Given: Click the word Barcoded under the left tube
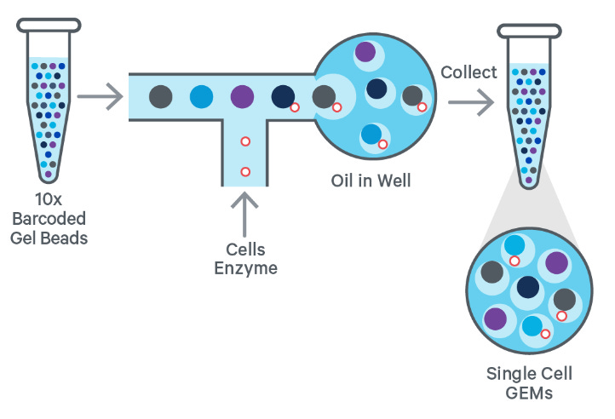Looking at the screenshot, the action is (49, 219).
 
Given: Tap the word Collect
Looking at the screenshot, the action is (468, 72).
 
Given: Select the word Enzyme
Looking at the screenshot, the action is (246, 269).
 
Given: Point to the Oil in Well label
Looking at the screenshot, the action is (371, 181).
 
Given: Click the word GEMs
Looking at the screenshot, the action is (529, 393).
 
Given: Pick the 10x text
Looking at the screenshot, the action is (49, 199).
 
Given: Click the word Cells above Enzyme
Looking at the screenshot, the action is (245, 250).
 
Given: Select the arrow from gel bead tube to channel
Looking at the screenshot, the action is (100, 96).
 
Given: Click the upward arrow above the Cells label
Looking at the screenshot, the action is (244, 215).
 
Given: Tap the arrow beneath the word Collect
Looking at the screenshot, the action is (471, 102).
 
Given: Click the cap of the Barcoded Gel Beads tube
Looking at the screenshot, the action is (49, 26).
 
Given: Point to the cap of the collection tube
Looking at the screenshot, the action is (529, 32).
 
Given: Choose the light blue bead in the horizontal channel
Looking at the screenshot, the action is (202, 96).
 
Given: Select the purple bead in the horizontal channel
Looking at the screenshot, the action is (243, 96).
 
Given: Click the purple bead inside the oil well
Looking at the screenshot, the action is (365, 52).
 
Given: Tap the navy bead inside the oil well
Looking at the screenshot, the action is (376, 89).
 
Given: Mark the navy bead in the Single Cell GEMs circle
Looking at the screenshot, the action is (528, 287).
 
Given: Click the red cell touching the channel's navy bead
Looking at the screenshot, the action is (295, 107).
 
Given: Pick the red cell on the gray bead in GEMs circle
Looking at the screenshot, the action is (561, 316).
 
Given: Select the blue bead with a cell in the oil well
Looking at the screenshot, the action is (371, 134).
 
